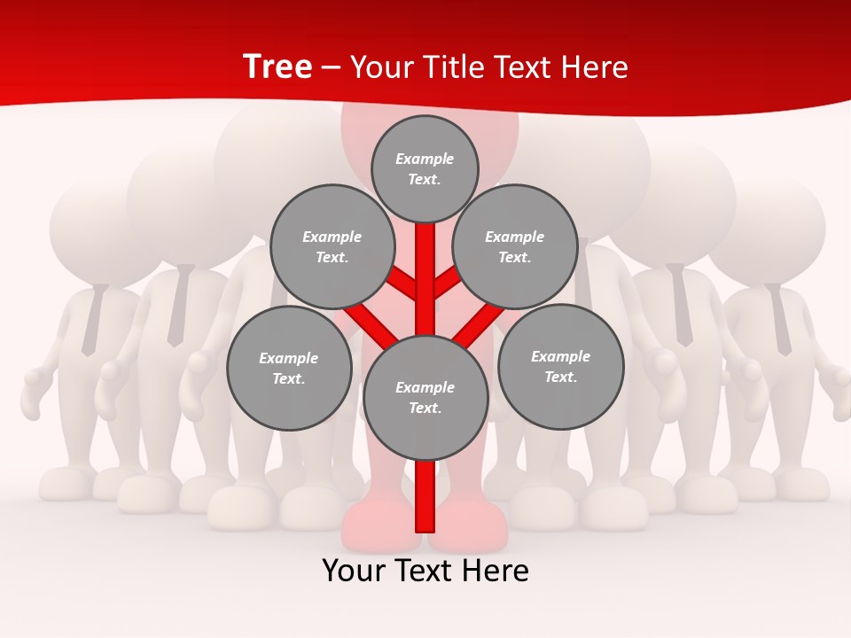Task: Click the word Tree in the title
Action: pos(277,66)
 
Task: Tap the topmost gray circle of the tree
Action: pos(425,168)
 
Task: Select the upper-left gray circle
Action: pos(332,246)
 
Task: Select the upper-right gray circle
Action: pos(515,246)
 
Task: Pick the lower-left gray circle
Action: pos(288,368)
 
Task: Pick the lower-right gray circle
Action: pos(560,366)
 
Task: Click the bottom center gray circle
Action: pos(425,397)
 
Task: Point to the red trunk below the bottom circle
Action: pos(425,496)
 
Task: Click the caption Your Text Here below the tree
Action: pos(425,571)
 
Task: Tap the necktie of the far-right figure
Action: pos(780,319)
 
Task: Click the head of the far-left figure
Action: pos(93,230)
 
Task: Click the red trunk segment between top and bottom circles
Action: pos(425,279)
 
